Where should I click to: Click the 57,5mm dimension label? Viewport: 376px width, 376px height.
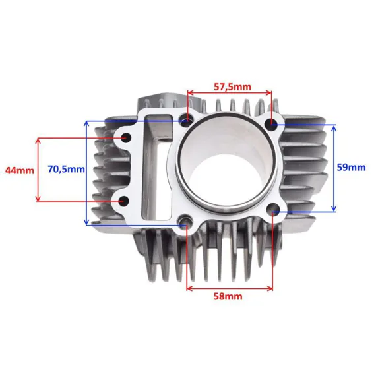pos(232,87)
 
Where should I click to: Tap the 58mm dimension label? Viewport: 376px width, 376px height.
pos(228,297)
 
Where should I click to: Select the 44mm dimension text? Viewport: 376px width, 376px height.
pos(20,170)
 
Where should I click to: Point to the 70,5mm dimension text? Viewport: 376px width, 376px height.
pos(66,169)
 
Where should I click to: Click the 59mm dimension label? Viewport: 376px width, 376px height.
pos(352,167)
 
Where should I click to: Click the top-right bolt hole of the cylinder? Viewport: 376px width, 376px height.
pos(272,124)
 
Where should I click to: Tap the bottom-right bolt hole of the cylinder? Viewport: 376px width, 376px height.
pos(273,209)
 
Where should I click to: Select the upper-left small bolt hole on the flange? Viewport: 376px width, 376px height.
pos(125,138)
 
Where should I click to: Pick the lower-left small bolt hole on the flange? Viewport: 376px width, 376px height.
pos(124,201)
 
